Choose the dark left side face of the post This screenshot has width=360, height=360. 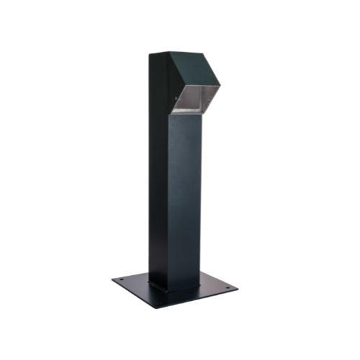pos(159,180)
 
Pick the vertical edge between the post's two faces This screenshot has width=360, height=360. pos(170,202)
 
